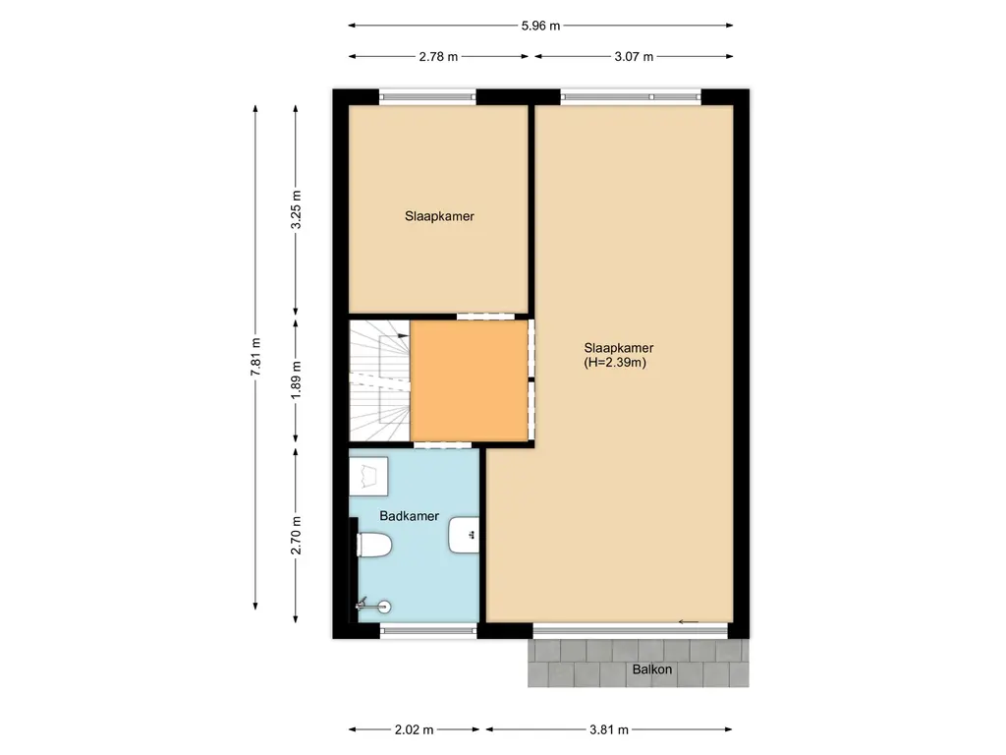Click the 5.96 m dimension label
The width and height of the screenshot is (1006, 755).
(540, 27)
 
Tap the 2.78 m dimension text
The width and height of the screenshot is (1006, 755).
(438, 57)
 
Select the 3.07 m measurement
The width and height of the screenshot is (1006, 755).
(634, 57)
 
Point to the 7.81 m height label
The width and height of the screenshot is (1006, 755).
(256, 356)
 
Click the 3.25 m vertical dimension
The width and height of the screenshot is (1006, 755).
(297, 210)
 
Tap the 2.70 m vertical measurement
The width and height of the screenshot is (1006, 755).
(297, 535)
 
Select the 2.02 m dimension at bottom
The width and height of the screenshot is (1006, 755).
(414, 729)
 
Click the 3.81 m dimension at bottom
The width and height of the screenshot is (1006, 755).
(608, 729)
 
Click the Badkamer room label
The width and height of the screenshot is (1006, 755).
(409, 515)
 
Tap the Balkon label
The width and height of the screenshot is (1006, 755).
(651, 669)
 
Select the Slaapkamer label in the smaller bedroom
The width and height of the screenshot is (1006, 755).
(439, 216)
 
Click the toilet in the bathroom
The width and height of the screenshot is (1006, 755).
(375, 544)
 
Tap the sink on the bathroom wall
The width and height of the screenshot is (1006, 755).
(465, 536)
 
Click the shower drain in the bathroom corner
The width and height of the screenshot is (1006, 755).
(385, 607)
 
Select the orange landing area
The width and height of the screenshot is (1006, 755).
(469, 380)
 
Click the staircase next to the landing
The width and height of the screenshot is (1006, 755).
(379, 380)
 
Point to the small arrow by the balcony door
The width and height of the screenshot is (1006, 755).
(688, 620)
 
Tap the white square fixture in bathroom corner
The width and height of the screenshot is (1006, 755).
(369, 476)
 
